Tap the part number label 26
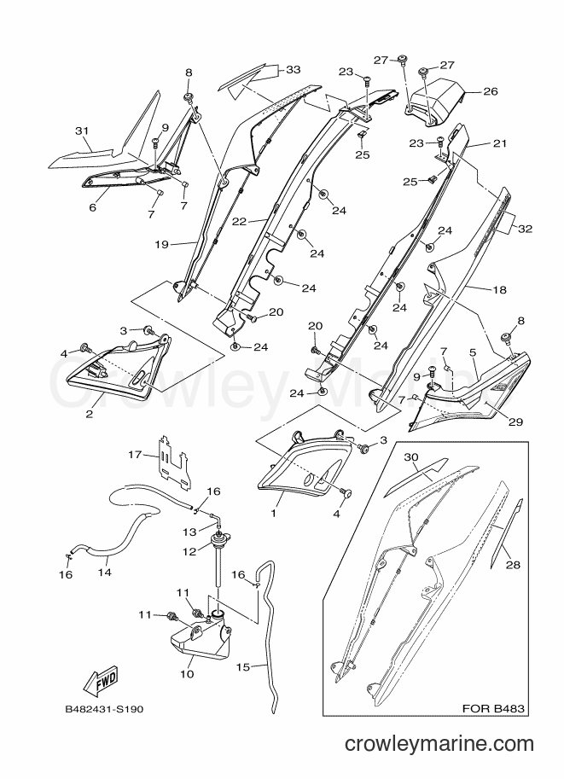pos(490,91)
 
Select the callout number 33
pos(294,70)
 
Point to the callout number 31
pos(82,131)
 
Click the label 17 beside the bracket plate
pos(135,454)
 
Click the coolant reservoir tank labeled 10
pos(199,637)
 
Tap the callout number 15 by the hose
pos(243,666)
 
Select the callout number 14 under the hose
pos(104,573)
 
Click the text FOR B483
pos(493,708)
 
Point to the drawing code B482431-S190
pos(104,709)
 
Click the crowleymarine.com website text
pos(439,744)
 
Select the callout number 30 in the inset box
pos(412,456)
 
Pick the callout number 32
pos(525,229)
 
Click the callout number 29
pos(515,421)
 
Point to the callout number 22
pos(240,222)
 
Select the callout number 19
pos(161,244)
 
